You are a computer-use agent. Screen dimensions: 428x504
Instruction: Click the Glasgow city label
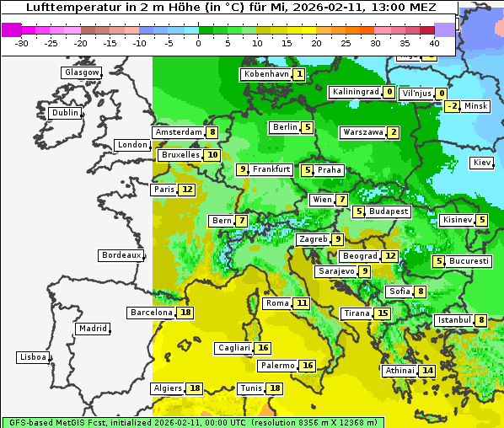pyautogui.click(x=81, y=72)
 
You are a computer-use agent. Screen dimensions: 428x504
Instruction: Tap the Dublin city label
pyautogui.click(x=64, y=113)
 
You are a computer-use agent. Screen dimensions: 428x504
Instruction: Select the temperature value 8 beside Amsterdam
pyautogui.click(x=213, y=132)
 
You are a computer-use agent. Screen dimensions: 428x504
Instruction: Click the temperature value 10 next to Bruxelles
pyautogui.click(x=212, y=155)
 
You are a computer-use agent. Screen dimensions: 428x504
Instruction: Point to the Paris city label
pyautogui.click(x=164, y=190)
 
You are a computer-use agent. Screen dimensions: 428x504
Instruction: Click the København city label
pyautogui.click(x=265, y=74)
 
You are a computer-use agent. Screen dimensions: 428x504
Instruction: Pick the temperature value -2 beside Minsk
pyautogui.click(x=453, y=106)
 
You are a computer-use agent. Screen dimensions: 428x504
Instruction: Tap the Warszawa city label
pyautogui.click(x=362, y=132)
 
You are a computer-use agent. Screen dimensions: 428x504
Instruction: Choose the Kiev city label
pyautogui.click(x=482, y=163)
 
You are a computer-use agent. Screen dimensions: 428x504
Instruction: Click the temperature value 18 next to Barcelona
pyautogui.click(x=185, y=313)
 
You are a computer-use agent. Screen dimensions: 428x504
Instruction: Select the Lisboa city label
pyautogui.click(x=32, y=357)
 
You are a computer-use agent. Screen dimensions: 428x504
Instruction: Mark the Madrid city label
pyautogui.click(x=92, y=329)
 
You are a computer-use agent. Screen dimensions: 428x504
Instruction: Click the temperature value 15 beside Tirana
pyautogui.click(x=383, y=313)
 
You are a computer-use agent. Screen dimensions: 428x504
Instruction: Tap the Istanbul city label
pyautogui.click(x=453, y=320)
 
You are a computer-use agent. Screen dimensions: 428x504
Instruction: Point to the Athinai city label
pyautogui.click(x=399, y=371)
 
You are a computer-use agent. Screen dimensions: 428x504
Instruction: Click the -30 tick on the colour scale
pyautogui.click(x=23, y=43)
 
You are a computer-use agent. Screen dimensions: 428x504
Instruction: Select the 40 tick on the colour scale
pyautogui.click(x=434, y=43)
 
